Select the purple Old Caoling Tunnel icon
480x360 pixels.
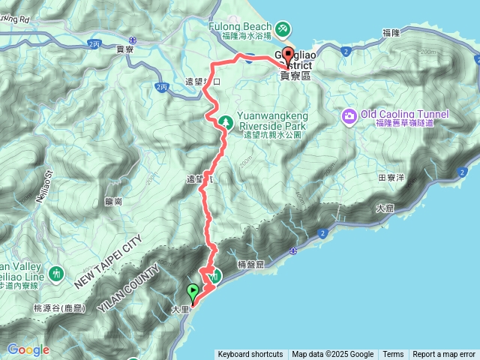tap(349, 115)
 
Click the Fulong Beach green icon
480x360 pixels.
tap(282, 30)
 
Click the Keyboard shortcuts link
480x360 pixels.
tap(250, 354)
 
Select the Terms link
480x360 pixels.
tap(393, 354)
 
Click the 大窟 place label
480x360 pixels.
tap(385, 208)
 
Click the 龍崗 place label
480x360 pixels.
tap(114, 201)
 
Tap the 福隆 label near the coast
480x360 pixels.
tap(391, 33)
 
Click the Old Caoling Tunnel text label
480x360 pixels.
tap(404, 114)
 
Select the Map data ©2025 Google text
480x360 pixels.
tap(333, 354)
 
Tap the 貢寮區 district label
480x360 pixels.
tap(295, 76)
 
